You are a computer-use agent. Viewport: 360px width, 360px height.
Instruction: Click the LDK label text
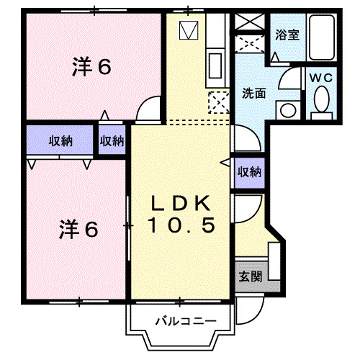[181, 202]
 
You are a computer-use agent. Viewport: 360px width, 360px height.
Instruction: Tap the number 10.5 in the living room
[181, 225]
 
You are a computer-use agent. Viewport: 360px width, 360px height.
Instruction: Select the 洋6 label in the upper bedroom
[91, 67]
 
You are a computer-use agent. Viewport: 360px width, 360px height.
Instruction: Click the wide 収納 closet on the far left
[60, 140]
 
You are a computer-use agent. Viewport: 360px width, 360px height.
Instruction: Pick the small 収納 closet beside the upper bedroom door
[112, 140]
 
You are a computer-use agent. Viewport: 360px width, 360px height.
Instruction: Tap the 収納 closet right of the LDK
[248, 171]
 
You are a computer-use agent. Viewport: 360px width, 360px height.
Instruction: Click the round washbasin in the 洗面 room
[288, 110]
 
